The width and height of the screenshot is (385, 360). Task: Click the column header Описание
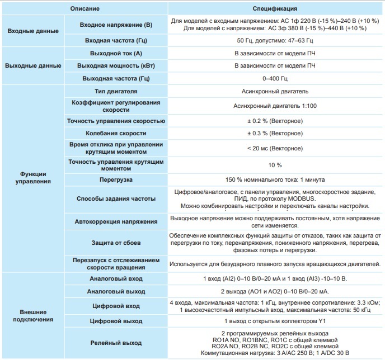tap(86, 9)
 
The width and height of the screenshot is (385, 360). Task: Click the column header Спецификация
tap(274, 9)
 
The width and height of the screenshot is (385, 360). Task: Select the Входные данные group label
tap(32, 31)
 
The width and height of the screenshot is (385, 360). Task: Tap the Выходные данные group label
tap(33, 65)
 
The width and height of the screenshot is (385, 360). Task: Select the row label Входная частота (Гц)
tap(116, 41)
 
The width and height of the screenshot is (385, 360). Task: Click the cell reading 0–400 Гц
tap(274, 78)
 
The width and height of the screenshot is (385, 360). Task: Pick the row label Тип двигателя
tap(116, 91)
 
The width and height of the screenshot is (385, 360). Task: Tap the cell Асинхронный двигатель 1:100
tap(274, 106)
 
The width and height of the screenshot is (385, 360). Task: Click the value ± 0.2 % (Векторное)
tap(274, 121)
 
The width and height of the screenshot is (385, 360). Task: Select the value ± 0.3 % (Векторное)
tap(274, 134)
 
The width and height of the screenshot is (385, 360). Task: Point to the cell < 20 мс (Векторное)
tap(274, 148)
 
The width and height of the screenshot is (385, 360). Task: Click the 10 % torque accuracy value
tap(274, 165)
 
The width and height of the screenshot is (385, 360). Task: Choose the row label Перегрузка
tap(116, 180)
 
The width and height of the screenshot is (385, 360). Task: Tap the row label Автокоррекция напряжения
tap(116, 221)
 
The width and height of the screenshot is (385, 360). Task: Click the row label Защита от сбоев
tap(116, 243)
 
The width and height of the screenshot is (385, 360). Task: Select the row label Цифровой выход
tap(116, 321)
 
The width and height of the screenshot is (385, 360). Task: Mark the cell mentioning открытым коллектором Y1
tap(274, 321)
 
